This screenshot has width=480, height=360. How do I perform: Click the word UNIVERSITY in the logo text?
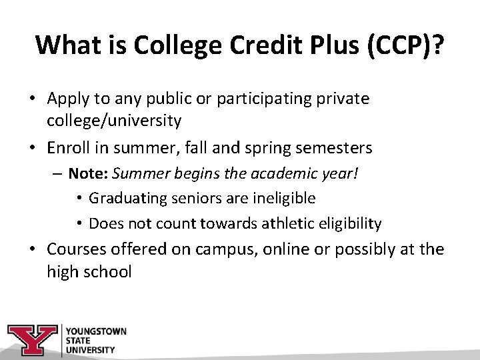tap(90, 349)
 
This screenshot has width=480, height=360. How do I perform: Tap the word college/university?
tap(114, 121)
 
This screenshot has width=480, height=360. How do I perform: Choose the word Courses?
tap(75, 250)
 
